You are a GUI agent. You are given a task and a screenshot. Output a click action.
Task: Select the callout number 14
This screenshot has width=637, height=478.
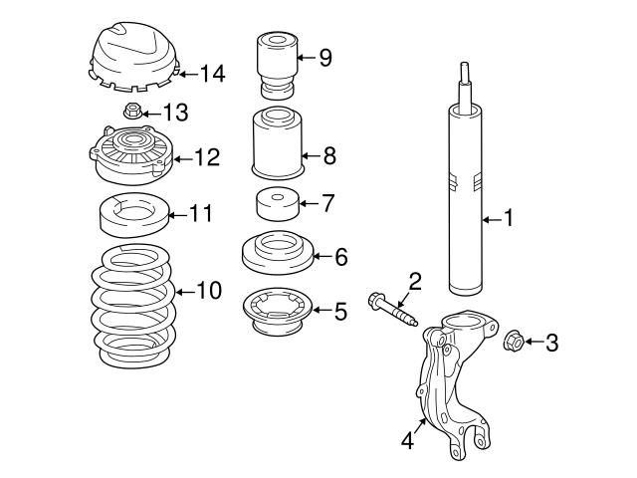click(x=213, y=73)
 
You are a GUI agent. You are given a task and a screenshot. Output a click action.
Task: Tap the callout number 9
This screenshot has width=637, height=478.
click(x=324, y=57)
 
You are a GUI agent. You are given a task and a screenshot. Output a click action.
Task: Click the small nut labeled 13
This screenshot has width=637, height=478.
click(x=130, y=111)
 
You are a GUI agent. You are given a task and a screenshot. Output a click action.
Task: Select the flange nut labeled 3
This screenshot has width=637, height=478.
click(x=515, y=342)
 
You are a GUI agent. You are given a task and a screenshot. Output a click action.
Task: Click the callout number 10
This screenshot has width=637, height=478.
click(x=208, y=292)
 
